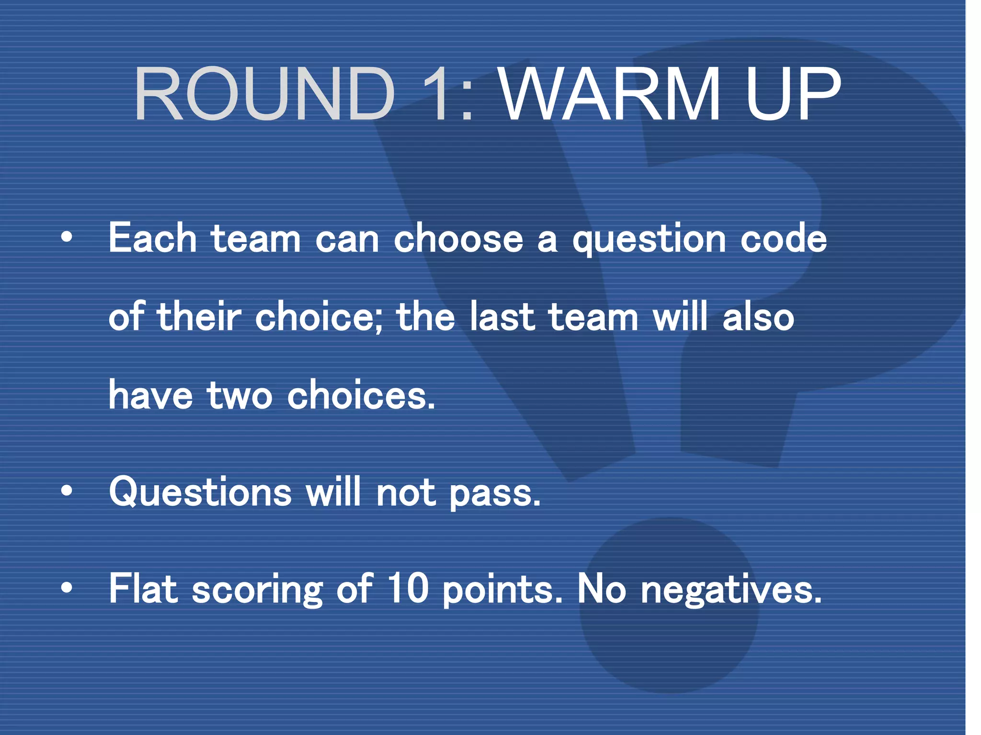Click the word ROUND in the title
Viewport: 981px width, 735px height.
click(x=264, y=94)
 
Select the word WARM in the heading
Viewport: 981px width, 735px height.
click(x=609, y=94)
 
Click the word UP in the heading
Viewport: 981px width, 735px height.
click(x=793, y=94)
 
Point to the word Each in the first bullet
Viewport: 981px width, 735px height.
click(x=152, y=238)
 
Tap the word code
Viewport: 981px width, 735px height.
click(x=784, y=238)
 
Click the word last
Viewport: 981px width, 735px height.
click(x=502, y=317)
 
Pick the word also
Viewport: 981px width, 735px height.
click(x=758, y=317)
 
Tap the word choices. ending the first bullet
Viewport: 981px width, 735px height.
click(x=362, y=395)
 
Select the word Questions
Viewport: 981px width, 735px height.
click(x=200, y=492)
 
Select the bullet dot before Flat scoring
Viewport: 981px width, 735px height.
click(x=67, y=588)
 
